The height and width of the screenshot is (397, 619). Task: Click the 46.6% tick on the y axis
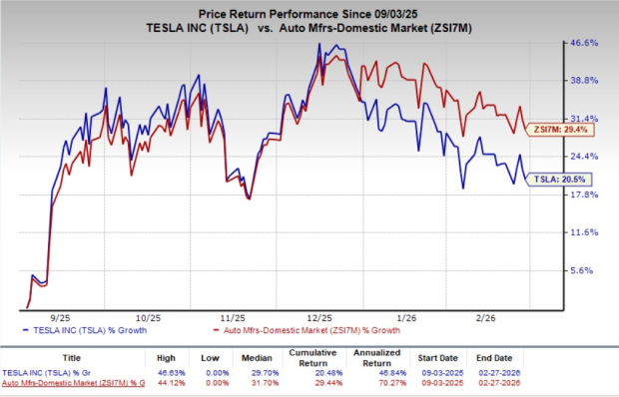(x=584, y=43)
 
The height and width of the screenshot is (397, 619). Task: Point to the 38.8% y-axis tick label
(x=584, y=80)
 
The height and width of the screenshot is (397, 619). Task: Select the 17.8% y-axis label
(x=584, y=195)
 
